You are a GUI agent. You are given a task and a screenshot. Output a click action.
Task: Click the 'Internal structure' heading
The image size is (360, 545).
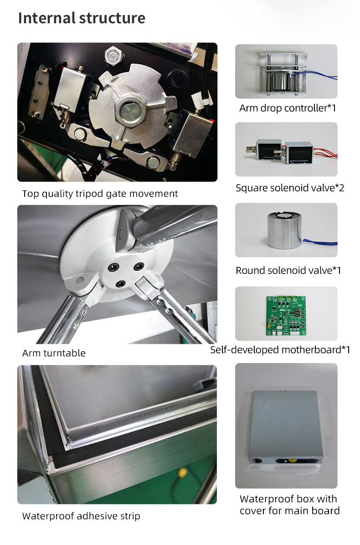coord(82,18)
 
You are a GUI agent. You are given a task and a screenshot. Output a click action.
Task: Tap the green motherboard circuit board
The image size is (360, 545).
coord(286,316)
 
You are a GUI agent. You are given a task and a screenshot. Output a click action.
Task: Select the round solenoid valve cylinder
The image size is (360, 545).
coord(284,230)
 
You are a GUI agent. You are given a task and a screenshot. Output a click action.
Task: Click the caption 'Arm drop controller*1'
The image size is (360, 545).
coord(288,108)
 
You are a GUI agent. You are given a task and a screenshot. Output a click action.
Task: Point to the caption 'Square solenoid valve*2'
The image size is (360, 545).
coord(290,188)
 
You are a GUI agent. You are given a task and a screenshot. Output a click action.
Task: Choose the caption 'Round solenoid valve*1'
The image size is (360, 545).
coord(288,270)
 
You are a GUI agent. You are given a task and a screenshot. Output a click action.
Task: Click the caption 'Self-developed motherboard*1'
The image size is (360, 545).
coord(280,350)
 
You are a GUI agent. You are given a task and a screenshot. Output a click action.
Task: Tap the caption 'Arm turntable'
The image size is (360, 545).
coord(54,353)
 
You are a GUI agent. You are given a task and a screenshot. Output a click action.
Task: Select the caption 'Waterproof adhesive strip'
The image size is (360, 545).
coord(81,516)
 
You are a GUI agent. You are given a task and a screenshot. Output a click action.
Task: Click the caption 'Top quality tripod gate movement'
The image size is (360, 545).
coord(100,193)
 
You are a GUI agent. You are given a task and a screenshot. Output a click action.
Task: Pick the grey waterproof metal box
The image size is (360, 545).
coord(285,429)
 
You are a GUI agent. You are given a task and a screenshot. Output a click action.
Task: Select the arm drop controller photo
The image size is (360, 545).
coord(286,71)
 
